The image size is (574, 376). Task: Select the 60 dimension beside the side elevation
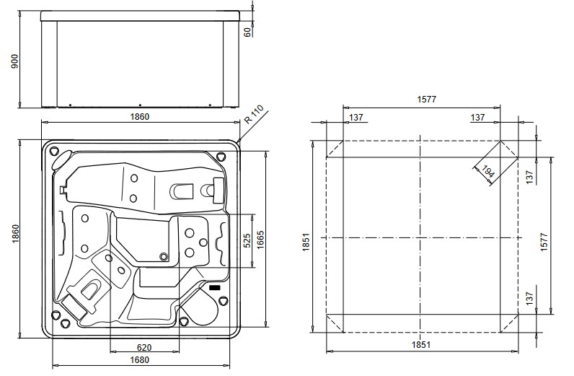(247, 32)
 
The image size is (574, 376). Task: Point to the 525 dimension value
(247, 241)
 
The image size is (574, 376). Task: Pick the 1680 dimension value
(140, 360)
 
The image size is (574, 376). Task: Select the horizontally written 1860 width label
(139, 116)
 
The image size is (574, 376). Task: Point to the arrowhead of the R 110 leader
(238, 141)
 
